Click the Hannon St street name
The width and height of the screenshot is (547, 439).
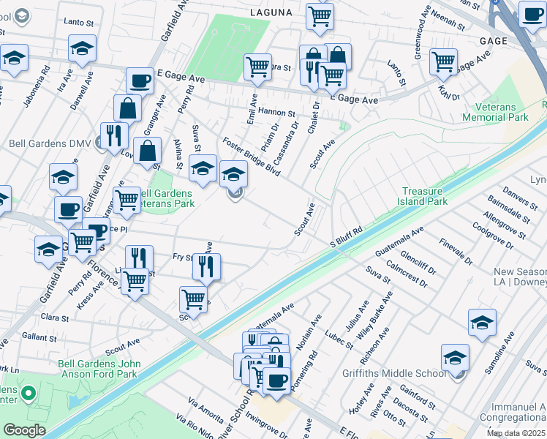coord(276,113)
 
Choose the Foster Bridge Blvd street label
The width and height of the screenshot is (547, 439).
coord(252,157)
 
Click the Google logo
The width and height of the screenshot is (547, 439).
coord(24,430)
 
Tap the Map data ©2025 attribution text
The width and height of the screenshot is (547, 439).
coord(516,433)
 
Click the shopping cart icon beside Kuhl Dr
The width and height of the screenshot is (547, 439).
coord(443,62)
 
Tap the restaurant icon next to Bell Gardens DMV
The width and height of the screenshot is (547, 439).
coord(114,135)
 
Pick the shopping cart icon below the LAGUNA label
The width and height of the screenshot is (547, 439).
coord(320,16)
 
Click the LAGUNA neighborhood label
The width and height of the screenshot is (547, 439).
coord(271,12)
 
